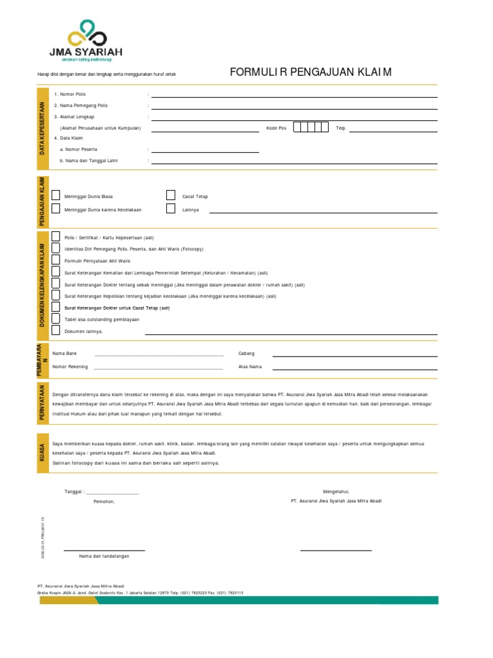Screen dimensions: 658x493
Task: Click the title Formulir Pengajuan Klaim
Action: click(x=311, y=71)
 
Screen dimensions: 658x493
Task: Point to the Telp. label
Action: click(x=341, y=128)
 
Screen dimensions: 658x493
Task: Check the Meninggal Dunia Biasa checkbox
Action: click(x=56, y=195)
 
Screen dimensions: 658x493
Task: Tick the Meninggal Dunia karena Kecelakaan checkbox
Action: click(x=56, y=209)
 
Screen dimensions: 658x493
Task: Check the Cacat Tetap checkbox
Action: click(x=171, y=195)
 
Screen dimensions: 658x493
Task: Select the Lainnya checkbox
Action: click(x=171, y=209)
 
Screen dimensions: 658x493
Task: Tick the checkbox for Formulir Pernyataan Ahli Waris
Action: click(x=56, y=260)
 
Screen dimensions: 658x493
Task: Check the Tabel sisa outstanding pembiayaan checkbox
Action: click(x=56, y=319)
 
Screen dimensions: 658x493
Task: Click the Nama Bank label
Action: click(x=65, y=353)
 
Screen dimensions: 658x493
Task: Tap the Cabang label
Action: click(x=246, y=353)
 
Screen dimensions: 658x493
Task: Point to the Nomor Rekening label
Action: click(x=71, y=367)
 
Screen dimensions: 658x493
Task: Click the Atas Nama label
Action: click(x=250, y=367)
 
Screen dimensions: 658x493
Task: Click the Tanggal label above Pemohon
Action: click(x=75, y=492)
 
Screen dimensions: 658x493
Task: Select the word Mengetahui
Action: click(x=336, y=491)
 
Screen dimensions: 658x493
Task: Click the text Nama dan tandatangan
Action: click(x=104, y=556)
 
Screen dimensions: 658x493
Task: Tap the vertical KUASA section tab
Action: click(x=42, y=452)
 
